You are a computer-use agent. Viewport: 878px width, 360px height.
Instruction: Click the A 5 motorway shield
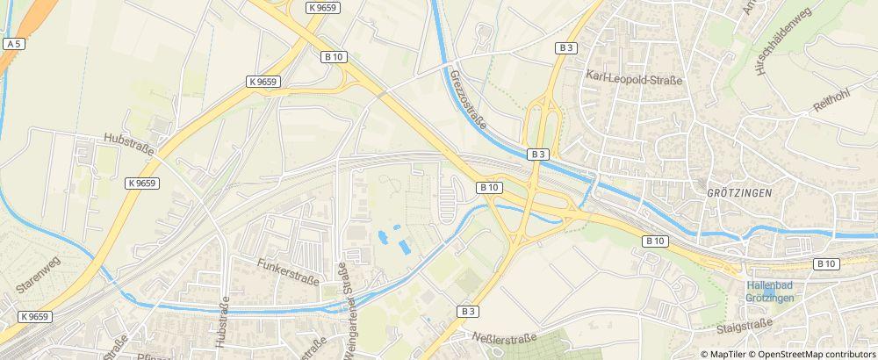(x=13, y=43)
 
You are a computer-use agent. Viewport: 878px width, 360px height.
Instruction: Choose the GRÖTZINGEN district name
(x=738, y=191)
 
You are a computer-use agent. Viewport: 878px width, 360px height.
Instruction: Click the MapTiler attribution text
(x=727, y=354)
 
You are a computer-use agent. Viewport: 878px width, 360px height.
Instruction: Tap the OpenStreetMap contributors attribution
(x=817, y=354)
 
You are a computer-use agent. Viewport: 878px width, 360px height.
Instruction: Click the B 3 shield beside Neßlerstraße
(x=468, y=311)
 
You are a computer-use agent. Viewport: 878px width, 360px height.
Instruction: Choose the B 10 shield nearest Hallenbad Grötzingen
(x=825, y=263)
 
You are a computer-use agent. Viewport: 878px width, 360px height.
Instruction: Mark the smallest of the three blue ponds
(x=398, y=227)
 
